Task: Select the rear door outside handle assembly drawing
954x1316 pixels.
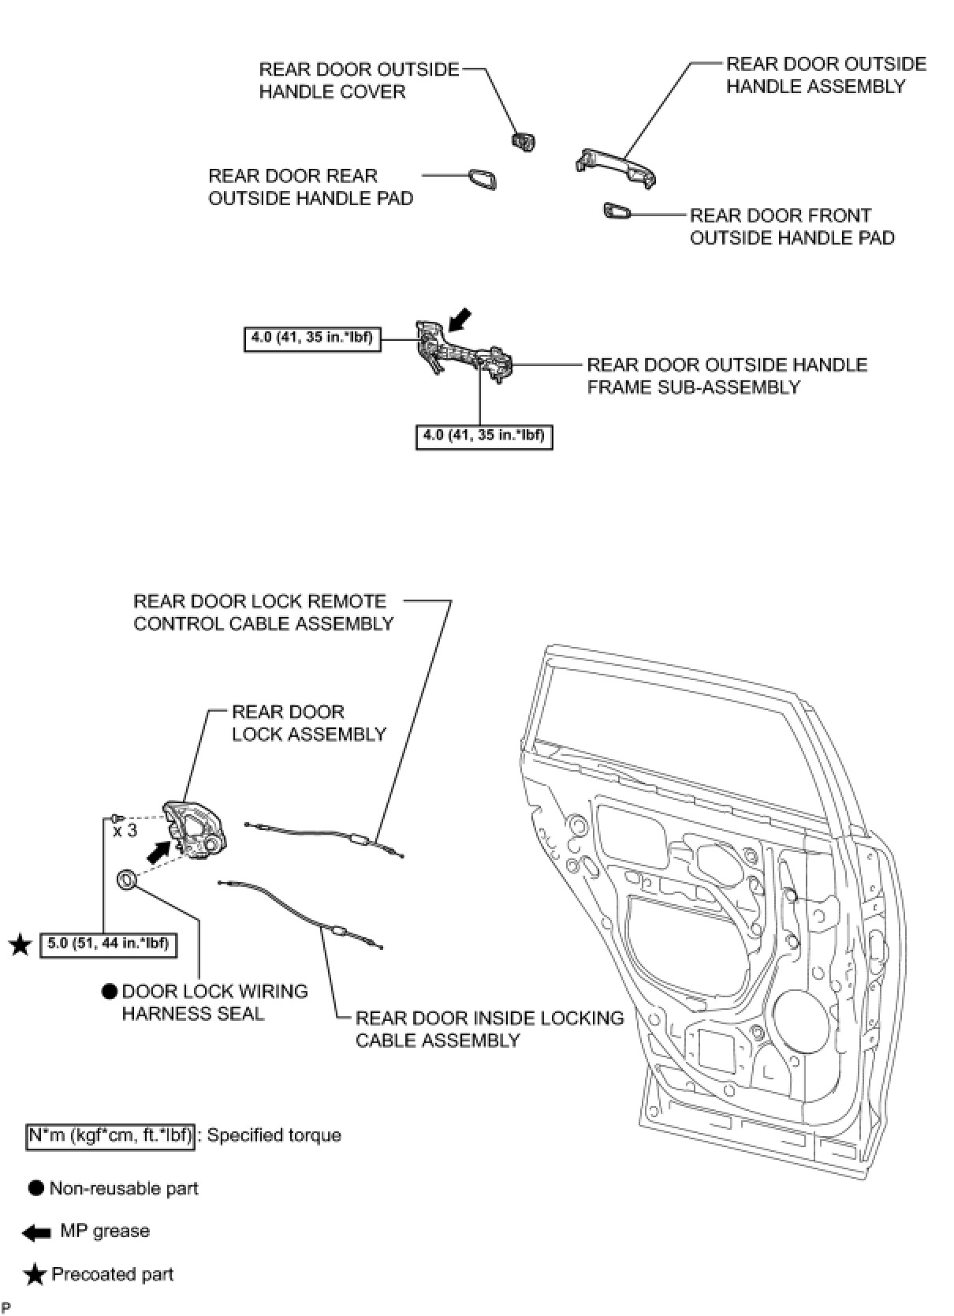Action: [x=616, y=166]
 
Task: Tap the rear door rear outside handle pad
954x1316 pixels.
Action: [x=482, y=179]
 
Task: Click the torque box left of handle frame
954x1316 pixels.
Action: [x=313, y=338]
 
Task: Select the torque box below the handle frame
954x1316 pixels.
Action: [x=484, y=436]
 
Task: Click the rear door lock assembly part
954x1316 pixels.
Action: [x=194, y=829]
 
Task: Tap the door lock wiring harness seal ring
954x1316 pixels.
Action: [x=126, y=879]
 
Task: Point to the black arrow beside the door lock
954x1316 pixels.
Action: [x=159, y=851]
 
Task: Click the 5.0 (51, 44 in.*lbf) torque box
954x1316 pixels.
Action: [x=108, y=943]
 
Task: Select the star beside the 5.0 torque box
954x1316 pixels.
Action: [x=20, y=944]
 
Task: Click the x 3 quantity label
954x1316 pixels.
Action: [x=125, y=831]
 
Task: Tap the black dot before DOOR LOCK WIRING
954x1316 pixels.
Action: [x=110, y=992]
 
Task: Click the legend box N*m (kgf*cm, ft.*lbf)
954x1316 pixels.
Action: [x=110, y=1136]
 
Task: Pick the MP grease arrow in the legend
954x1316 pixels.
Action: [x=36, y=1232]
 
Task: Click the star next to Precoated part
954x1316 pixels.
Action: [x=34, y=1275]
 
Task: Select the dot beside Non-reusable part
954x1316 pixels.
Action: [x=35, y=1188]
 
